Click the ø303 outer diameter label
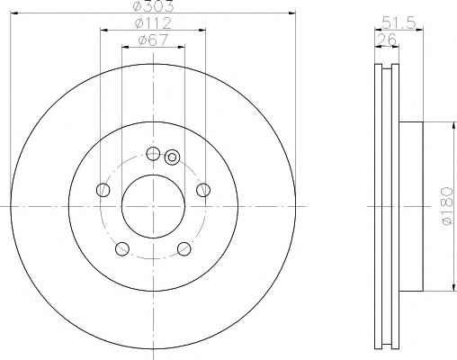(153, 6)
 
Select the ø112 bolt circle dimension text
(153, 23)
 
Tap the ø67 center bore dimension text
(153, 40)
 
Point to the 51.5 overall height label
(399, 23)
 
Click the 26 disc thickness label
(387, 40)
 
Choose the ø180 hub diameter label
(447, 206)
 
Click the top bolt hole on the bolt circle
(153, 154)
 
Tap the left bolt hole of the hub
(103, 190)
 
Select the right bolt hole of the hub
(203, 190)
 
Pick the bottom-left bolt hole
(122, 249)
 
